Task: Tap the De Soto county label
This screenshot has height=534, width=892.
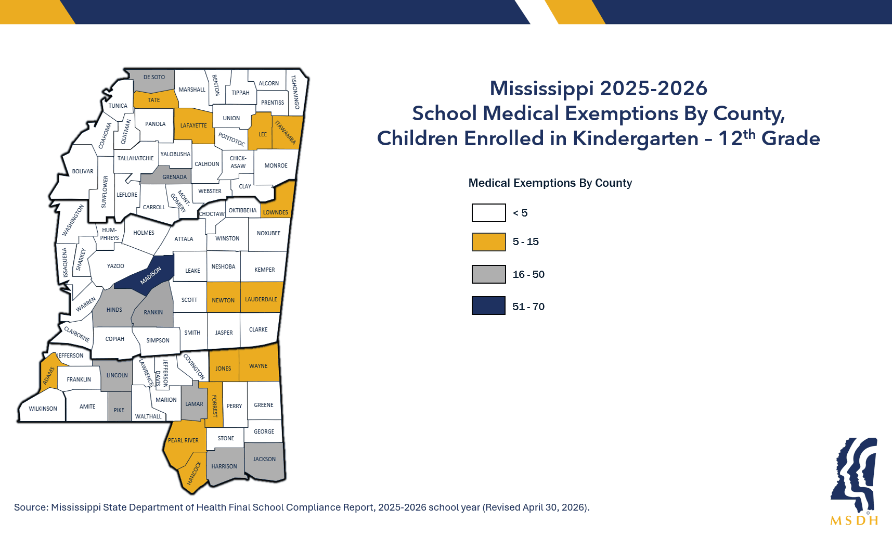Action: [x=154, y=77]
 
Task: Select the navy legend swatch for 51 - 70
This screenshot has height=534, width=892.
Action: [x=488, y=306]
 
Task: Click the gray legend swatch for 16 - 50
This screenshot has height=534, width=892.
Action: [x=488, y=274]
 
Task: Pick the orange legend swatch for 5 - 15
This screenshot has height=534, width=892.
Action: [x=488, y=242]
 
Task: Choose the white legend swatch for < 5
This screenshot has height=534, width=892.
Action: [x=488, y=213]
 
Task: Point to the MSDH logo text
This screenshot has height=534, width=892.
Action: [x=854, y=520]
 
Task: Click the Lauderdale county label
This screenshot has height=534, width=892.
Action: [x=261, y=299]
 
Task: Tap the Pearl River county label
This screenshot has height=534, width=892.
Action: [x=183, y=440]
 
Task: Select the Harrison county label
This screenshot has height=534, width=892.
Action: [x=224, y=466]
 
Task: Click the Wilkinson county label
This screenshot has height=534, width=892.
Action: [x=43, y=409]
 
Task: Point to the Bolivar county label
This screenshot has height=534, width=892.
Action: [x=83, y=171]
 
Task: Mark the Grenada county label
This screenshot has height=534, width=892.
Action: [x=174, y=177]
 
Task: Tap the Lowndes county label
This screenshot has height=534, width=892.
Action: [x=275, y=212]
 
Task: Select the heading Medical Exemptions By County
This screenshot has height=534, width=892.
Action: [x=550, y=183]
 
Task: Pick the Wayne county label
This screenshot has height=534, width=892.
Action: [x=258, y=366]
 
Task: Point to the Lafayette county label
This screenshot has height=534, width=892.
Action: [x=193, y=125]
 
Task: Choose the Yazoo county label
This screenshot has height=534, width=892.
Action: [x=115, y=266]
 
